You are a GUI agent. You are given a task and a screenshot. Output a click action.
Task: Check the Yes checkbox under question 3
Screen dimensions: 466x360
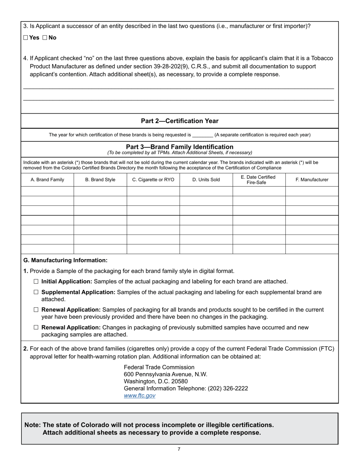pos(26,38)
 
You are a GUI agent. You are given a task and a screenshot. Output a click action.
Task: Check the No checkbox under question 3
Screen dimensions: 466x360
pos(45,38)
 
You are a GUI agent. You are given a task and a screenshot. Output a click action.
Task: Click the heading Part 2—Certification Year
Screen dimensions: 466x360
pos(180,121)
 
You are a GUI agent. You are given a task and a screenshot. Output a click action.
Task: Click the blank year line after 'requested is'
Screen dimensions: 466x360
pos(203,135)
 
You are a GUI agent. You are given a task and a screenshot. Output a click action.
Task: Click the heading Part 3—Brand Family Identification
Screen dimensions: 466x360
pos(180,147)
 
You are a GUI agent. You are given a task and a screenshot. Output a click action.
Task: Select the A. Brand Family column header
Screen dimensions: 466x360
pos(47,180)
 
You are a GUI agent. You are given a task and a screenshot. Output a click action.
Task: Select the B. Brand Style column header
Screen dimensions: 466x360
pos(100,180)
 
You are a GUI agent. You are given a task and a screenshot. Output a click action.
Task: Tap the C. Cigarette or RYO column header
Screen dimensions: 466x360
pos(153,180)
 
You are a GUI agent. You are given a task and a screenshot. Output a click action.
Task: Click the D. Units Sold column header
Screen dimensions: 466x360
pos(206,180)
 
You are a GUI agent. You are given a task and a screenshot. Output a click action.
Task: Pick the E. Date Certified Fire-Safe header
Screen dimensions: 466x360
pos(258,180)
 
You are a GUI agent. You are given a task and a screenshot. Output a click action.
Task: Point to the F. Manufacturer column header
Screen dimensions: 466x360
pos(312,180)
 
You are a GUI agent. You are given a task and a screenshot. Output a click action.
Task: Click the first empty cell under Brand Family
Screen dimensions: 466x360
pos(47,191)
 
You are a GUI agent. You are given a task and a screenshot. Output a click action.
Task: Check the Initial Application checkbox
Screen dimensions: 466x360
pos(36,281)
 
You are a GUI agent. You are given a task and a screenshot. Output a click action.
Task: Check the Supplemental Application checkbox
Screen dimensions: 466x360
pos(36,292)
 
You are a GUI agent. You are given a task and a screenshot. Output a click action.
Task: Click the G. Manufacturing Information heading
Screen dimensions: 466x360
pos(66,260)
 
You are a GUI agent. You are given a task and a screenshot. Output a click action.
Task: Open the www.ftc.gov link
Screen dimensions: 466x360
pos(139,396)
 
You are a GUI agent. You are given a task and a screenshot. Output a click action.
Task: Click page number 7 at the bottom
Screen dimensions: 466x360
pos(179,449)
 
